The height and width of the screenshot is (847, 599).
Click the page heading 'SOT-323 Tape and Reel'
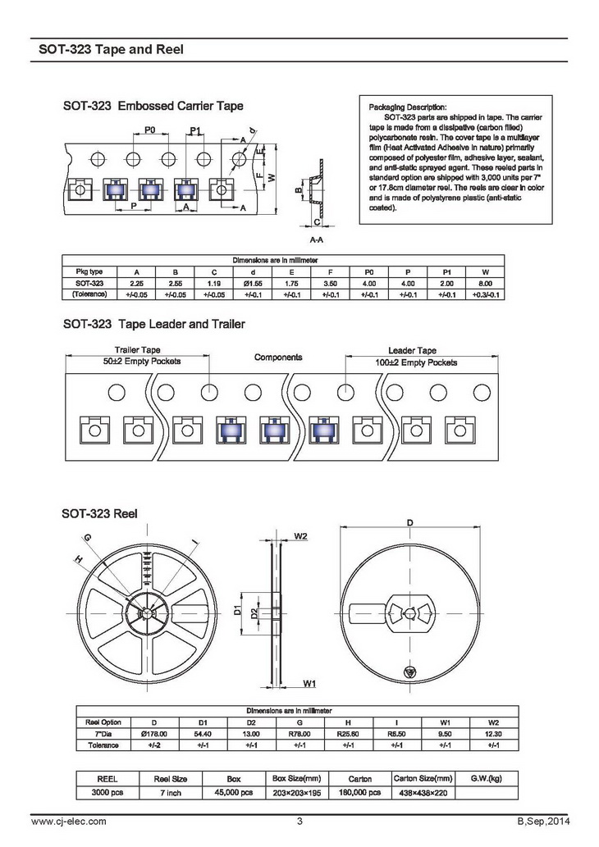pos(111,49)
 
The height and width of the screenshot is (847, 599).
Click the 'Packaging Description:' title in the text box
pos(408,107)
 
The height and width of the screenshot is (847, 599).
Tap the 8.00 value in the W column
pos(486,282)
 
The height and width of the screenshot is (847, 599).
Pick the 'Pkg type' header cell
pos(89,271)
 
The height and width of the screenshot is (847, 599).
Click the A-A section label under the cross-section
pos(316,240)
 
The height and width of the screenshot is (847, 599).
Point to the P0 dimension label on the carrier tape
pos(150,130)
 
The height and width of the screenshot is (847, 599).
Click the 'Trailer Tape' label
pos(137,350)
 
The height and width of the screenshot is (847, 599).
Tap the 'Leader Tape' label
pos(412,350)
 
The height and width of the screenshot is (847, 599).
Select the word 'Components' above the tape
pos(278,357)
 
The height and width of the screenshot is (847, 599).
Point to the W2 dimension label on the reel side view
pos(300,536)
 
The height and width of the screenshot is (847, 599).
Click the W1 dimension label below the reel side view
pos(309,682)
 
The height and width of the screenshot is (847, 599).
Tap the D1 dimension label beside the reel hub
pos(237,609)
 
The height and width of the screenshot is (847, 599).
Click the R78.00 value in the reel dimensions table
pos(300,733)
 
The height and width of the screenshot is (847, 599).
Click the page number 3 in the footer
pos(299,822)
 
